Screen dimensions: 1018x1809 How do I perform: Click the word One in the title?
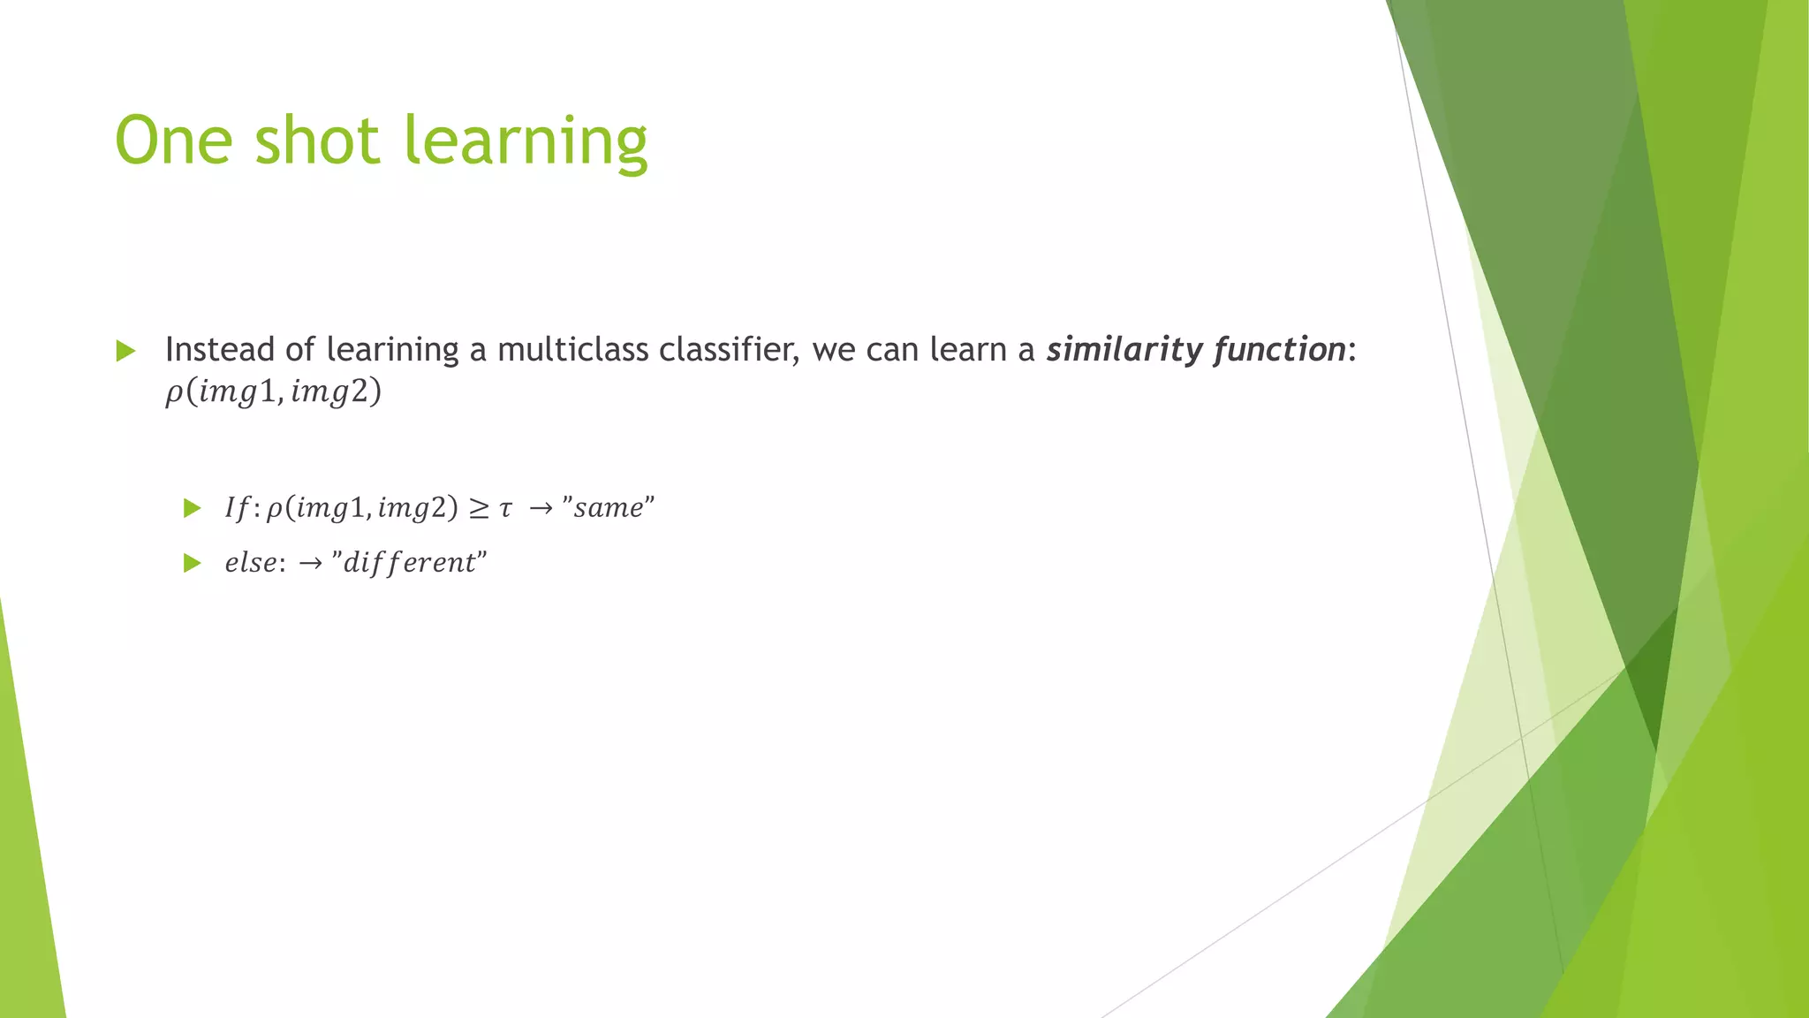(174, 141)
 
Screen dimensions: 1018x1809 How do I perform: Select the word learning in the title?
(526, 141)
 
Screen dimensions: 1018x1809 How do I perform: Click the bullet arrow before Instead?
(125, 351)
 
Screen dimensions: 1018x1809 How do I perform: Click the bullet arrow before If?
(193, 508)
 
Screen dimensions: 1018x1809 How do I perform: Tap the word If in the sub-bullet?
(237, 508)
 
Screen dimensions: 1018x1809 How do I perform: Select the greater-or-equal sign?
(478, 509)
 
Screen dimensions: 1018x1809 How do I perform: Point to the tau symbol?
(505, 510)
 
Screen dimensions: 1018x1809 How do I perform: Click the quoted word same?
(608, 508)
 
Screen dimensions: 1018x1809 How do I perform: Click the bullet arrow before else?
(193, 563)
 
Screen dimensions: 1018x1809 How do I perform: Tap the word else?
(250, 563)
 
